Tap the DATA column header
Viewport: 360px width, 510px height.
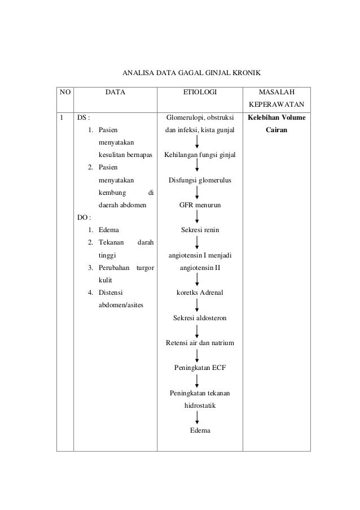coord(115,91)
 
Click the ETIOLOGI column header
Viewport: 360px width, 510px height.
coord(200,91)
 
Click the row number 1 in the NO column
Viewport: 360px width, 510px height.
coord(62,117)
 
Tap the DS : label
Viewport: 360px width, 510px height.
coord(84,117)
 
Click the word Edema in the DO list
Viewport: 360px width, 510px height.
coord(108,230)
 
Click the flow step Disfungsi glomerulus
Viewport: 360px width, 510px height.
coord(200,180)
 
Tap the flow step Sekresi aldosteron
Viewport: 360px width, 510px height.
coord(200,319)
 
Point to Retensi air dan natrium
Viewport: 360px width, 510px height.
coord(200,343)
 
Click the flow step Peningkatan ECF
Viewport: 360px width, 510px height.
coord(200,368)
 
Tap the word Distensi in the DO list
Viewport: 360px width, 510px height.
coord(111,293)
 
